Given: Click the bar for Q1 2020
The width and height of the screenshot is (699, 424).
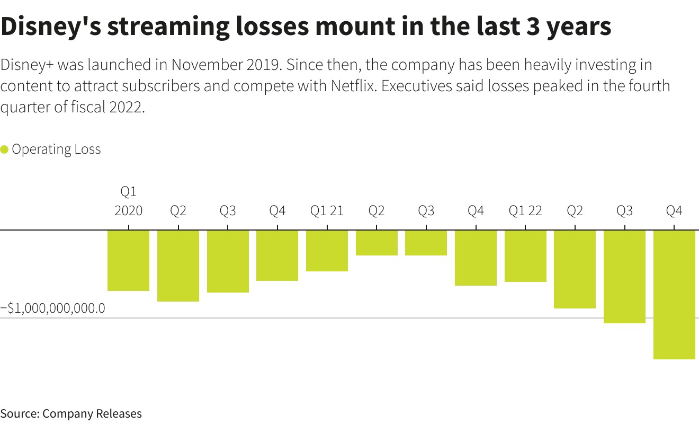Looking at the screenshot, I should [129, 260].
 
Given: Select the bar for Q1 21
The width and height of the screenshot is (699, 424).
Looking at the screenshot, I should [327, 251].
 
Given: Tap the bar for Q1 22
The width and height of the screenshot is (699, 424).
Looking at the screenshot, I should [525, 256].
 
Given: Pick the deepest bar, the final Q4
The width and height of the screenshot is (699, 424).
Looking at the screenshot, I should [674, 295].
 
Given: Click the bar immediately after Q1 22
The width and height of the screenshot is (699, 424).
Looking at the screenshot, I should [575, 269].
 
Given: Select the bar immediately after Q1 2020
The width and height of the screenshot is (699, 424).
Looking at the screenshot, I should [178, 266].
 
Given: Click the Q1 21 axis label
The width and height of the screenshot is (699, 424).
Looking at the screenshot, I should [327, 211].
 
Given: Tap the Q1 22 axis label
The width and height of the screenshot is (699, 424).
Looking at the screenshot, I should [525, 211].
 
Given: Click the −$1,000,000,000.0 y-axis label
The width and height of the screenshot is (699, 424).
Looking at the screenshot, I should [53, 308].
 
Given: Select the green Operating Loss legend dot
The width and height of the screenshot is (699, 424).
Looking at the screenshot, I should [5, 149].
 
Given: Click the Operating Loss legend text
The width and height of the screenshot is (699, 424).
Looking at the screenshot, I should [56, 149].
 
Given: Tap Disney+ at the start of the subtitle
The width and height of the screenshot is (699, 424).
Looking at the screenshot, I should [26, 65].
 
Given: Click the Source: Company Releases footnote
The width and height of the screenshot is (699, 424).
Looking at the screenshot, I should [71, 413].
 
